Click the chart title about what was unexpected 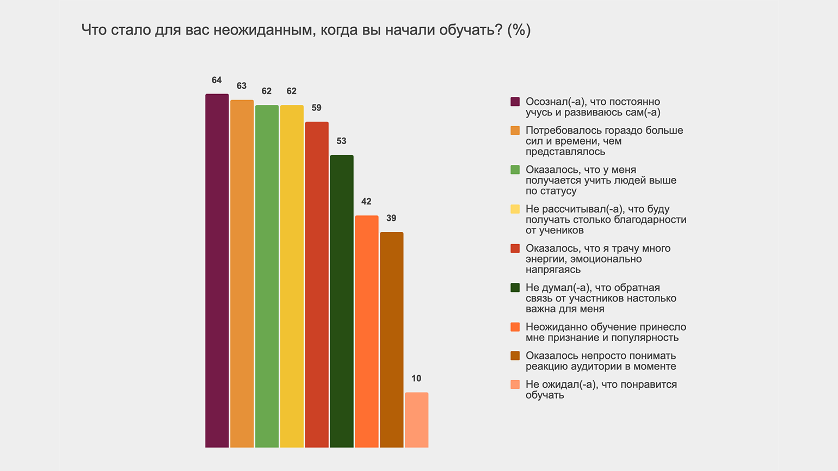tap(306, 30)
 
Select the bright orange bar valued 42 tap(366, 331)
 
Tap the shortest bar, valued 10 tap(416, 420)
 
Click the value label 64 tap(217, 80)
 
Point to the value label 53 tap(341, 141)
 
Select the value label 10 tap(416, 379)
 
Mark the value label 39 tap(391, 219)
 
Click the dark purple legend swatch tap(515, 102)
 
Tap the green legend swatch tap(515, 170)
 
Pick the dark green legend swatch tap(515, 288)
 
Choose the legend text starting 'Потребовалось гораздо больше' tap(604, 141)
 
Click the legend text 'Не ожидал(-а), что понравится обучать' tap(601, 389)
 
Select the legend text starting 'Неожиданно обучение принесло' tap(606, 332)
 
